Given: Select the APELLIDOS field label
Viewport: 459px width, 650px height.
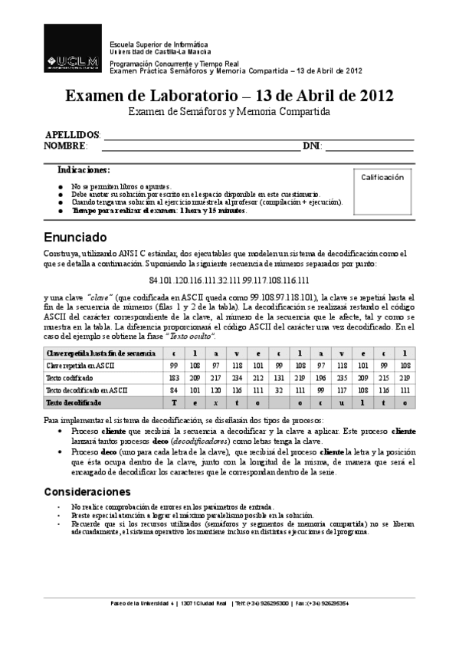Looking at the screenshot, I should (x=72, y=134).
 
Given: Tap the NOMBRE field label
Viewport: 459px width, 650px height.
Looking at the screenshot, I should (x=65, y=146).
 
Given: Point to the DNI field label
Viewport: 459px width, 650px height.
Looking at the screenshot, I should (x=311, y=146).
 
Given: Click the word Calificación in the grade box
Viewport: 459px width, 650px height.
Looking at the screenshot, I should (x=382, y=177).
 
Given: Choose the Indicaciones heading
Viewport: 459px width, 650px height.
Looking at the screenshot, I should (x=84, y=169).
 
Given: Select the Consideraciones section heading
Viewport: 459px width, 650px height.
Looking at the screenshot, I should (x=91, y=491).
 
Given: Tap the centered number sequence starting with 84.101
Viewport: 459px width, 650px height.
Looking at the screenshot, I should (x=229, y=281).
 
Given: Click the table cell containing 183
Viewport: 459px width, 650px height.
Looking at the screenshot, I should (x=174, y=378).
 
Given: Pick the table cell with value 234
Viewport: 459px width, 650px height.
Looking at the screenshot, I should (x=237, y=378).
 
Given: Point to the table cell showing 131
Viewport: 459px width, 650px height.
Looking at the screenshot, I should (x=280, y=378).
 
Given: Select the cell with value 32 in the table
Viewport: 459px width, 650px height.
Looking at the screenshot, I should (x=280, y=390).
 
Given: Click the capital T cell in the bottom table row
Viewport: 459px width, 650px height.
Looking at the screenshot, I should (x=174, y=402).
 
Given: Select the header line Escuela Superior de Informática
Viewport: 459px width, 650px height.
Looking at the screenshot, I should (x=159, y=45).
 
